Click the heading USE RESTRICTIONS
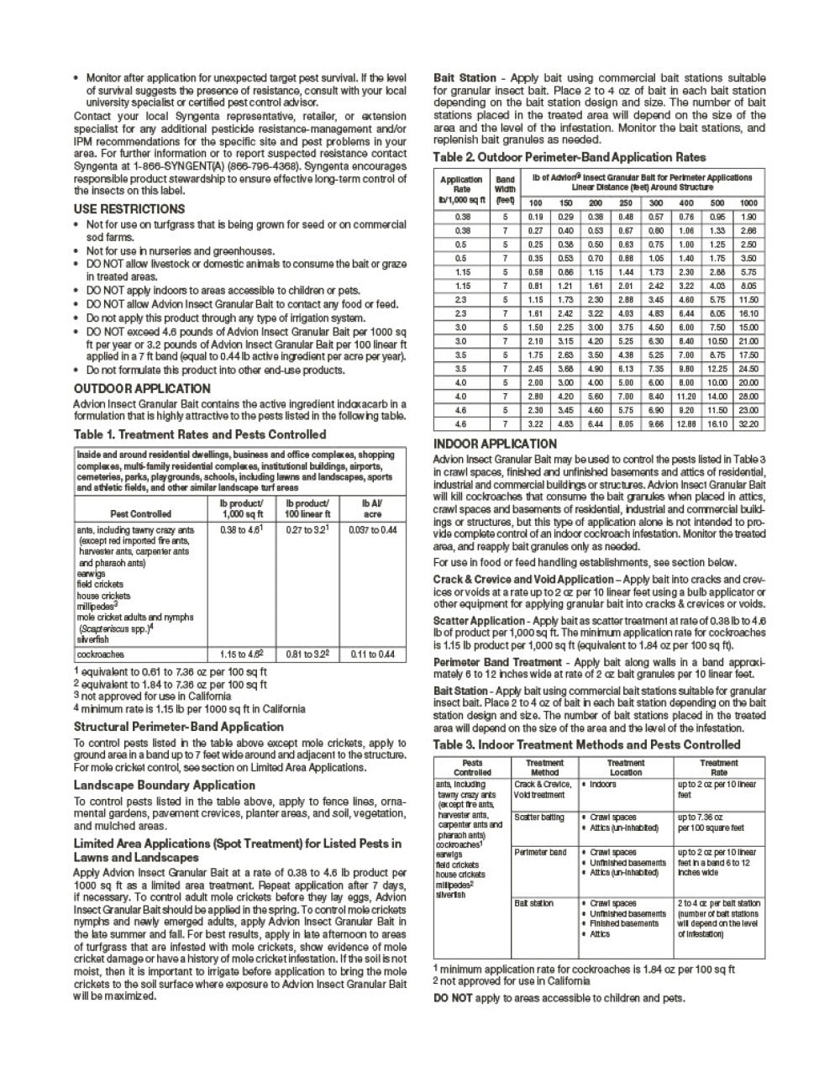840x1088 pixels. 129,209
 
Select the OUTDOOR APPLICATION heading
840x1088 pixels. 142,388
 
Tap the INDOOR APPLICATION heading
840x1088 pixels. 495,444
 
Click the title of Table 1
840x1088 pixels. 199,434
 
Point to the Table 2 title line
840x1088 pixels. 569,157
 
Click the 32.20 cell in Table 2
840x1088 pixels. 748,424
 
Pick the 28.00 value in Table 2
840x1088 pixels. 748,397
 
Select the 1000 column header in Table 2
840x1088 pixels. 748,202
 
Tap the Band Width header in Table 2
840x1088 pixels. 505,190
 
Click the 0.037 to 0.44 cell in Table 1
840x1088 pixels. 372,530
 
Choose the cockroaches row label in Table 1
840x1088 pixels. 100,654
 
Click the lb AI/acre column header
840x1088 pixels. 372,508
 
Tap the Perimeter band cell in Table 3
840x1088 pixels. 540,852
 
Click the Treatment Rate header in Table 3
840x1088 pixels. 719,767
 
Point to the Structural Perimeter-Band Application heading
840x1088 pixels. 178,727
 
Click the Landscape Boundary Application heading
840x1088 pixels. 164,785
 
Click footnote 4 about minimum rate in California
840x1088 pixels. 189,708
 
